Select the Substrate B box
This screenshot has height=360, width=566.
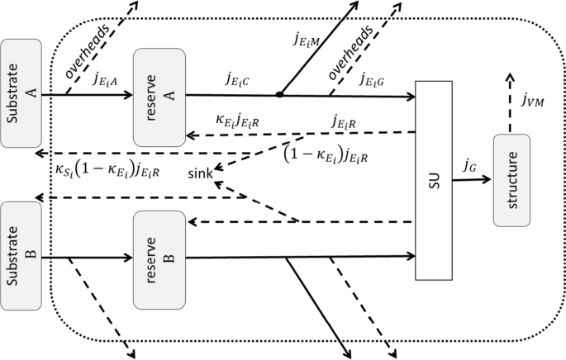(21, 255)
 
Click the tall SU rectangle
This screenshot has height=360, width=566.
(435, 180)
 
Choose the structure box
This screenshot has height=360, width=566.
(516, 179)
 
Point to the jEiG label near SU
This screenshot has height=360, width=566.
(377, 81)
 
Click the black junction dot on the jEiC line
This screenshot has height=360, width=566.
(280, 95)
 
